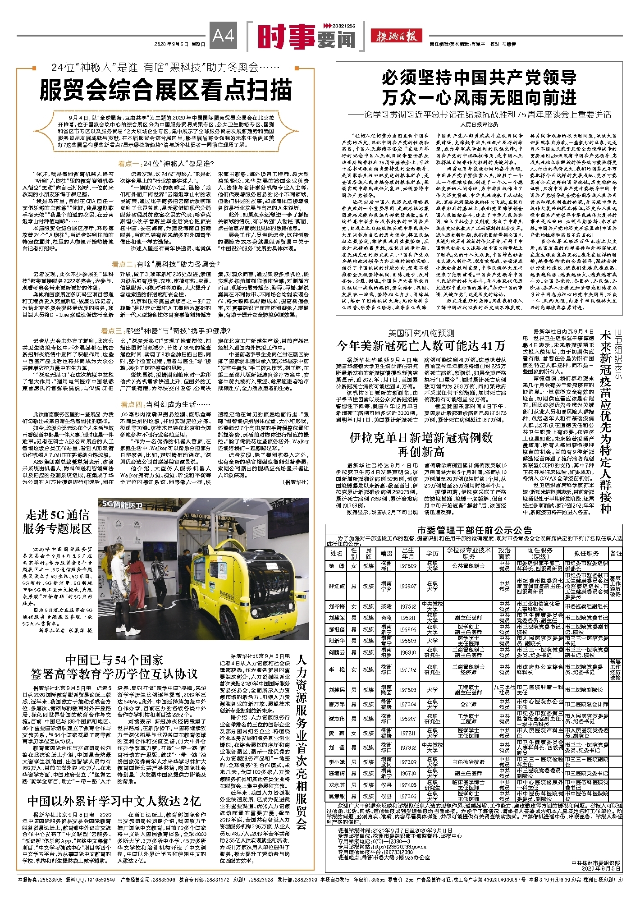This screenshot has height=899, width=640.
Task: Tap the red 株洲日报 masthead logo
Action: click(396, 36)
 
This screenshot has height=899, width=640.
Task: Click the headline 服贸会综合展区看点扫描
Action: click(166, 90)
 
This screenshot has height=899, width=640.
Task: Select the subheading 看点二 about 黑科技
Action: click(165, 264)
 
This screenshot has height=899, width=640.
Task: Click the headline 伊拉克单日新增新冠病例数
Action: click(421, 438)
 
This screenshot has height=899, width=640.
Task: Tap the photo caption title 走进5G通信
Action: click(57, 515)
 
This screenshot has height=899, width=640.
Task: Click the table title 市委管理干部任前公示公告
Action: click(474, 530)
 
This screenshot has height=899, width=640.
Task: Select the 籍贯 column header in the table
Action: click(386, 553)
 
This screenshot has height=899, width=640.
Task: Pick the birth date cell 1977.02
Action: click(408, 670)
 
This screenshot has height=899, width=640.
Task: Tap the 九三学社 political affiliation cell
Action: click(504, 689)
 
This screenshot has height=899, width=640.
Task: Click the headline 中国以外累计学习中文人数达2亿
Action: click(114, 801)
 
